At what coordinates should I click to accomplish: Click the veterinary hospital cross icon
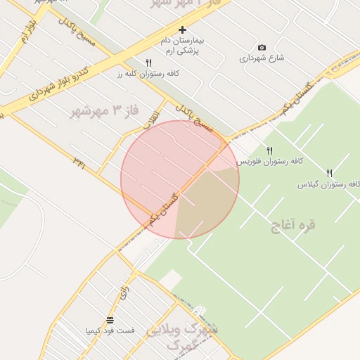(183, 30)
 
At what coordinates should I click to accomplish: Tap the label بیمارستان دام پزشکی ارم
(181, 46)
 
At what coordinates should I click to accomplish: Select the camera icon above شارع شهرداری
(262, 48)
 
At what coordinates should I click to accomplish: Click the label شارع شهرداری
(262, 58)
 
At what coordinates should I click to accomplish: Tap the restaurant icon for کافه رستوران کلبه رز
(148, 63)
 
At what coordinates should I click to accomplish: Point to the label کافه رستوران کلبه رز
(148, 73)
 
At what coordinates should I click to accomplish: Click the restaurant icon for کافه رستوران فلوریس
(269, 151)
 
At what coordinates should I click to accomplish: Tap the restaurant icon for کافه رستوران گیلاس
(329, 174)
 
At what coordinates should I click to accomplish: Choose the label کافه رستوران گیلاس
(329, 184)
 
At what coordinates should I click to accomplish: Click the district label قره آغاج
(293, 225)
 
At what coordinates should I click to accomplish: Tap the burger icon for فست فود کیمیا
(110, 321)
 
